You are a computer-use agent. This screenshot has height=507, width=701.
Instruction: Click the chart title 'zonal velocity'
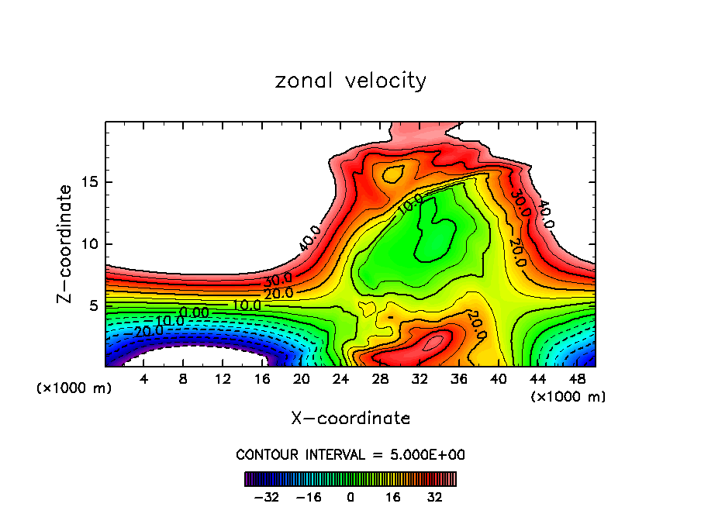(x=350, y=81)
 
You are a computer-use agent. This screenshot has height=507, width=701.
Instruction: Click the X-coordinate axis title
(x=350, y=419)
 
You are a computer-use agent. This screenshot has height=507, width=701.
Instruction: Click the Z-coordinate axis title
(x=65, y=243)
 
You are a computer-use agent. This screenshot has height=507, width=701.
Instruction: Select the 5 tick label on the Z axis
(x=92, y=305)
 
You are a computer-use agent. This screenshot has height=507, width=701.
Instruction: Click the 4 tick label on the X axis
(x=144, y=379)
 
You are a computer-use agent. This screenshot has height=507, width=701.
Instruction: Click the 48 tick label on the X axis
(x=576, y=379)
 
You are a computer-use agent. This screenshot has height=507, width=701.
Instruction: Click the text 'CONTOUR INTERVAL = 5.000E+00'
(x=350, y=454)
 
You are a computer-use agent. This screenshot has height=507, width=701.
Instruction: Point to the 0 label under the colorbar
(x=350, y=496)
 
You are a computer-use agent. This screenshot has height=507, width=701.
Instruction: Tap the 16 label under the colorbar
(x=392, y=496)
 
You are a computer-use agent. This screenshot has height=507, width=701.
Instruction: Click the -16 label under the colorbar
(x=308, y=496)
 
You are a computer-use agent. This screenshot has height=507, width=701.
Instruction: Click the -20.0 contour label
(x=146, y=331)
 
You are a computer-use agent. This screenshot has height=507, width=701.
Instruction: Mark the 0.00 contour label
(x=194, y=312)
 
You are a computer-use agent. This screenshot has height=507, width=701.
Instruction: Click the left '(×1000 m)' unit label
(x=74, y=388)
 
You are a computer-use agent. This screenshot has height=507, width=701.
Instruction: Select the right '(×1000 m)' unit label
(x=568, y=397)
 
